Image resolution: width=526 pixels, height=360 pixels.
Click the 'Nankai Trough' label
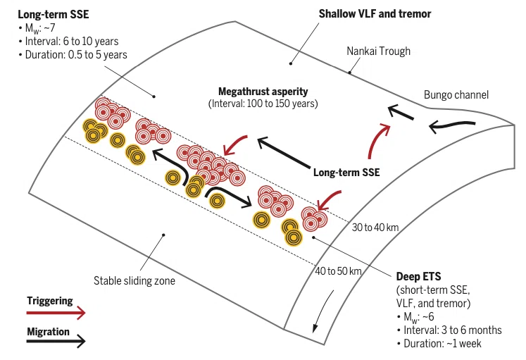(x=378, y=51)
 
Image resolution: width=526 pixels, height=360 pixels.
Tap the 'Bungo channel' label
(x=456, y=95)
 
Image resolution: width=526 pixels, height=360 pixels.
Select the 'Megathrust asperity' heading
(x=263, y=92)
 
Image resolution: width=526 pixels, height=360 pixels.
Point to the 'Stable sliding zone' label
(x=134, y=280)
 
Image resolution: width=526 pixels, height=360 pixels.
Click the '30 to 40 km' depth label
(x=375, y=228)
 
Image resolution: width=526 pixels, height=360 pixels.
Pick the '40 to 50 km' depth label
(x=338, y=271)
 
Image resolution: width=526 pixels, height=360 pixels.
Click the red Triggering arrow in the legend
(x=56, y=313)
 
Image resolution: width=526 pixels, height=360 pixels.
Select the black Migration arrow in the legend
(x=56, y=341)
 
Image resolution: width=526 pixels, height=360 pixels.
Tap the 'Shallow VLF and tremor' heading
(x=375, y=14)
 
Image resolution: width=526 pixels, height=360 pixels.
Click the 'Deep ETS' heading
(x=419, y=276)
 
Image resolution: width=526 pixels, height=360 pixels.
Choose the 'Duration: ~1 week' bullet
(x=439, y=344)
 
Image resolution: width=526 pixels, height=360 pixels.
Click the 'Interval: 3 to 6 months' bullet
(x=449, y=330)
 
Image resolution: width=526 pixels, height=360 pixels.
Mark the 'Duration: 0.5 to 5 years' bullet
(x=73, y=55)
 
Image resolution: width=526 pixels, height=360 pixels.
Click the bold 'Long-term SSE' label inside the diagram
(x=346, y=173)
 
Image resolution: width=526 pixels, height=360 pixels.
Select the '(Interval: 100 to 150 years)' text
(x=263, y=104)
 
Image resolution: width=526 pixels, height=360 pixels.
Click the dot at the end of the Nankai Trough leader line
(x=349, y=72)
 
